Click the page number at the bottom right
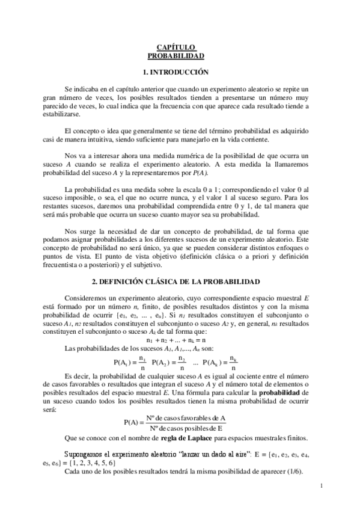tap(322, 485)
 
